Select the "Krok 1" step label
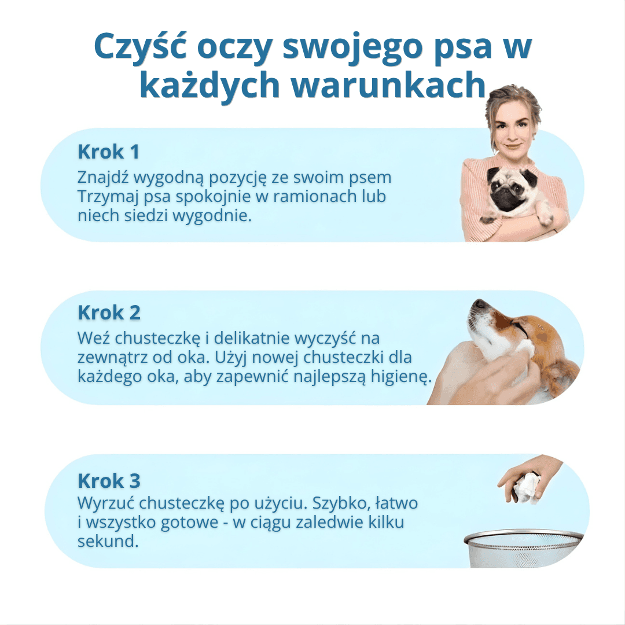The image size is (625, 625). [x=109, y=152]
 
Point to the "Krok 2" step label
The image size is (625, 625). [x=109, y=312]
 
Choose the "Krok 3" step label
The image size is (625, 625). [x=109, y=480]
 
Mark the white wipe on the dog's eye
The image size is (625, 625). [x=524, y=348]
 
